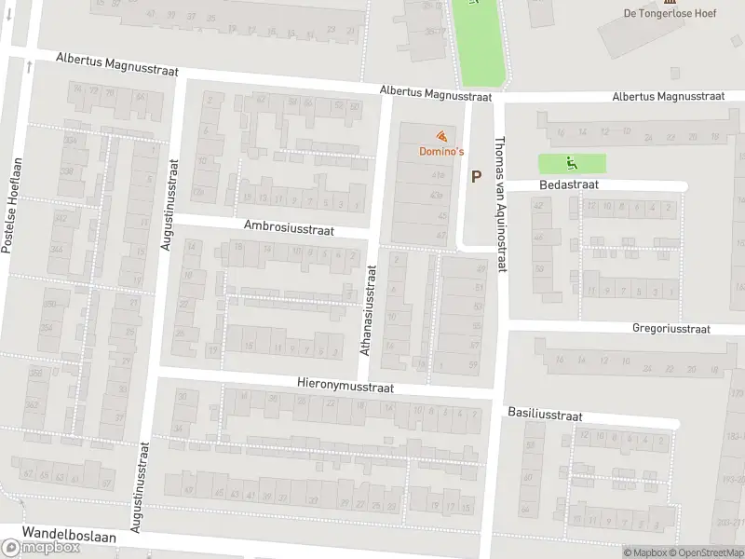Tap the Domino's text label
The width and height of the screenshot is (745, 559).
tap(440, 151)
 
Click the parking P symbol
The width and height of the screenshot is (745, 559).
tap(477, 176)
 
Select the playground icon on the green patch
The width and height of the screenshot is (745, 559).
tap(571, 164)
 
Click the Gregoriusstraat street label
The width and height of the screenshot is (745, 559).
tap(670, 329)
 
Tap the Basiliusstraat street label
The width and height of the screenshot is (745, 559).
tap(545, 412)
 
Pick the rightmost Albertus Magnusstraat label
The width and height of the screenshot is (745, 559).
tap(669, 96)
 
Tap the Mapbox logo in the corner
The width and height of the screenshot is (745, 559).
tap(40, 548)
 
